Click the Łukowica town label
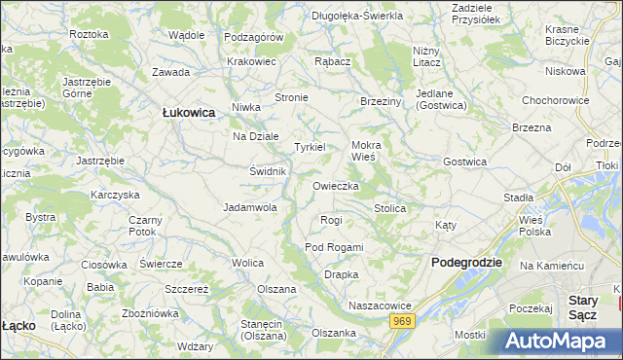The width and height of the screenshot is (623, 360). click(188, 113)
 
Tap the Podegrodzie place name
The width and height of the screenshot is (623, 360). click(466, 263)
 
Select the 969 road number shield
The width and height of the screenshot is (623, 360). click(403, 321)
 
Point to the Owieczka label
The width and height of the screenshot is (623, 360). click(336, 186)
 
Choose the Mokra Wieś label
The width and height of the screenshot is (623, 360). click(368, 150)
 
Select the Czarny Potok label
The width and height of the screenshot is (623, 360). click(142, 226)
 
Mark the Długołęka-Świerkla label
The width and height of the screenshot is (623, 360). click(357, 16)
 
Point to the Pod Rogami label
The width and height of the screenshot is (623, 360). click(333, 247)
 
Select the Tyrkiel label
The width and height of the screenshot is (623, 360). click(311, 147)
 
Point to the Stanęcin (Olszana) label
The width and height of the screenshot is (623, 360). click(256, 330)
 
